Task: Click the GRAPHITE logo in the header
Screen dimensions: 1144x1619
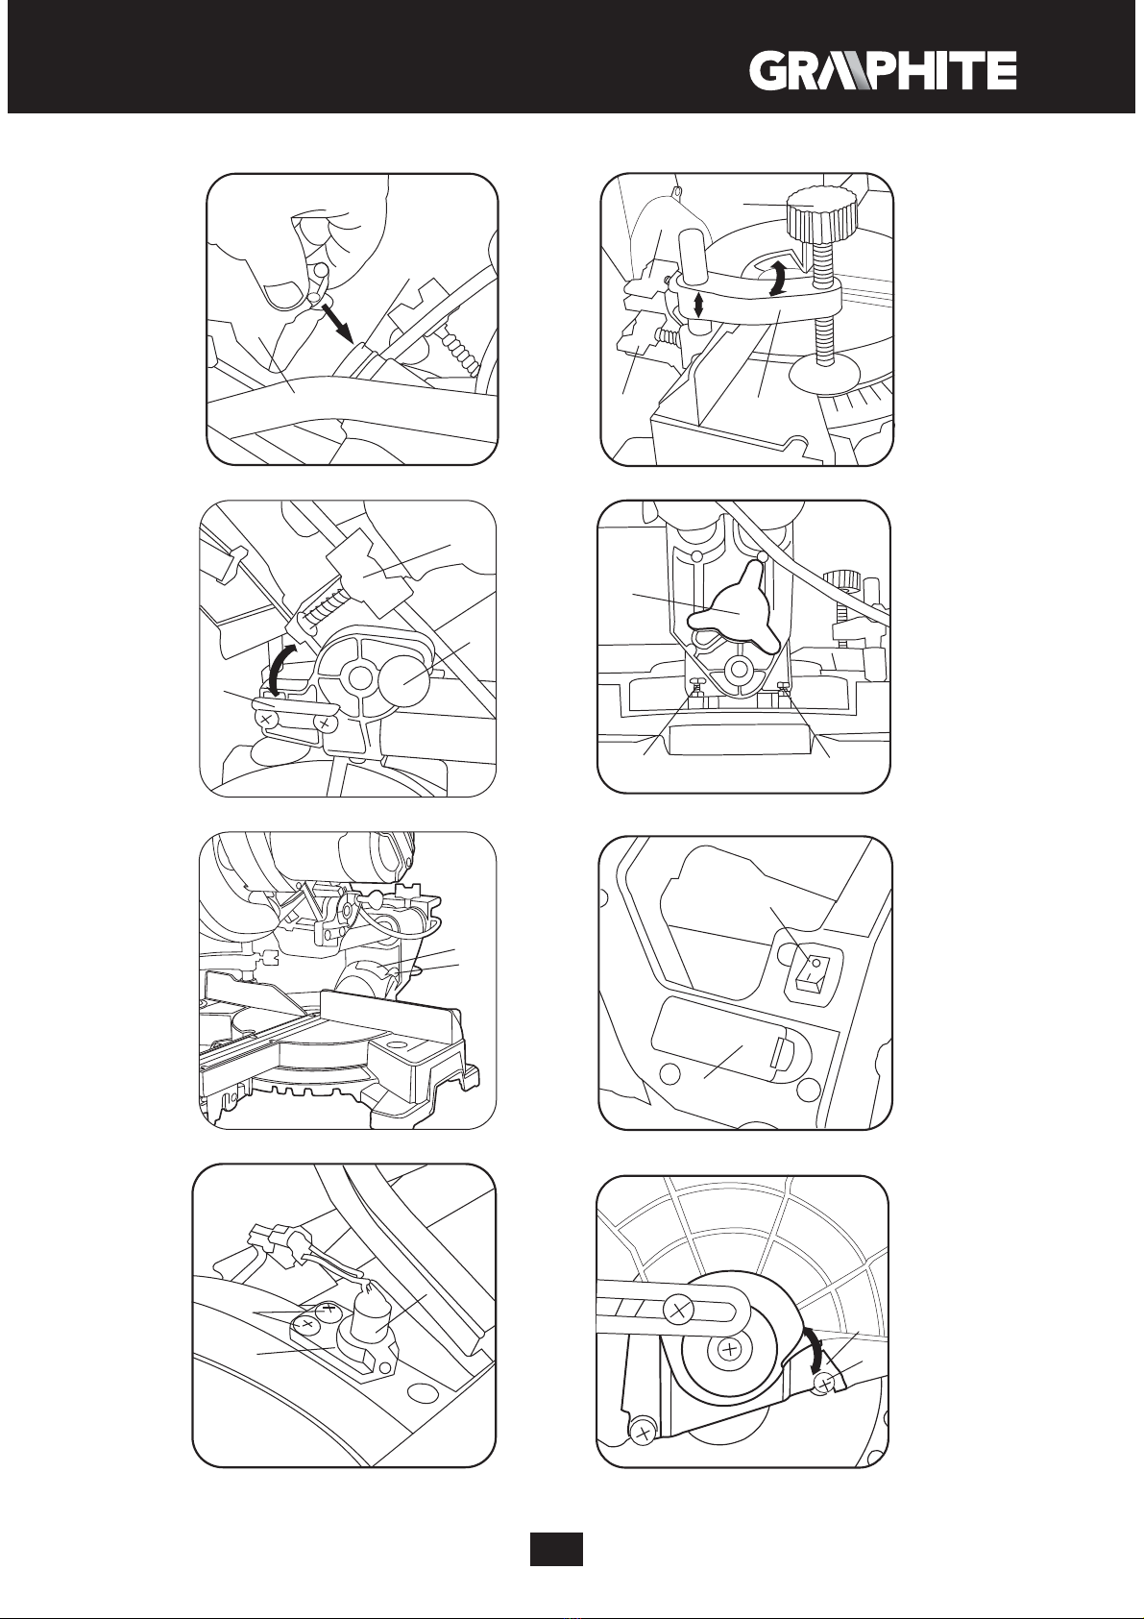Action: (x=882, y=71)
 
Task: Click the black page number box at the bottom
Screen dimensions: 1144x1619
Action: (x=556, y=1549)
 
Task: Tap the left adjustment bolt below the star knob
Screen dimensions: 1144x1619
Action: (x=698, y=688)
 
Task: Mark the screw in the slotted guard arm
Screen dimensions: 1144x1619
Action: (x=679, y=1308)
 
